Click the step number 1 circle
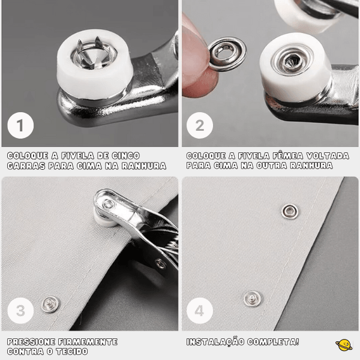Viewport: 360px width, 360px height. click(20, 125)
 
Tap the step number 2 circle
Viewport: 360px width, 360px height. click(200, 125)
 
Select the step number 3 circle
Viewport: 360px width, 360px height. click(20, 311)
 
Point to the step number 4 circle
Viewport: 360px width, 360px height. click(200, 311)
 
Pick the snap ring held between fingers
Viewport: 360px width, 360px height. click(227, 54)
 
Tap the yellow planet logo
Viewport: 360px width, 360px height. click(344, 345)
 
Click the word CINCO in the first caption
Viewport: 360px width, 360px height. click(126, 155)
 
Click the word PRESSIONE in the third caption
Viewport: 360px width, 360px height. click(31, 342)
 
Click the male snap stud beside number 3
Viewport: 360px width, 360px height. click(51, 304)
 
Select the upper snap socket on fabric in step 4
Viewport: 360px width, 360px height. click(290, 211)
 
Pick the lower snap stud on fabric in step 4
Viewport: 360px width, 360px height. click(253, 298)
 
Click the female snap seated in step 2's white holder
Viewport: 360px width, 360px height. click(292, 61)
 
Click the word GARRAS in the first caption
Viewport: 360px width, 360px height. click(26, 166)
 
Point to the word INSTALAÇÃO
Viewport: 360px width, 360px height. click(215, 342)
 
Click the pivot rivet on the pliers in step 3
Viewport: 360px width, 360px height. click(161, 264)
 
